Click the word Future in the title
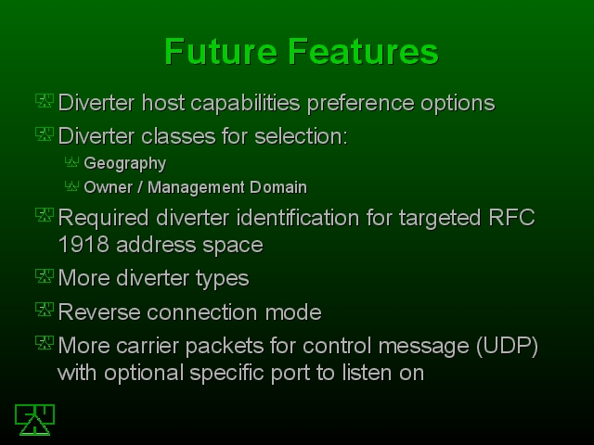[221, 52]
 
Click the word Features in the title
[363, 52]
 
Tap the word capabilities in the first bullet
[245, 103]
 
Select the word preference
[361, 103]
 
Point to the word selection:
[301, 136]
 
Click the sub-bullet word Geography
[125, 164]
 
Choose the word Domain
[278, 187]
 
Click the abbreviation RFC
[511, 218]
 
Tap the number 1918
[84, 245]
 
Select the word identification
[298, 218]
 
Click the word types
[223, 279]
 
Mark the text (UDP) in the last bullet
[508, 346]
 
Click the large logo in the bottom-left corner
[35, 420]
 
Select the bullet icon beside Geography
[71, 162]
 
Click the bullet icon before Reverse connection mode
[45, 309]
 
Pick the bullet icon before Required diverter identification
[45, 214]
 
